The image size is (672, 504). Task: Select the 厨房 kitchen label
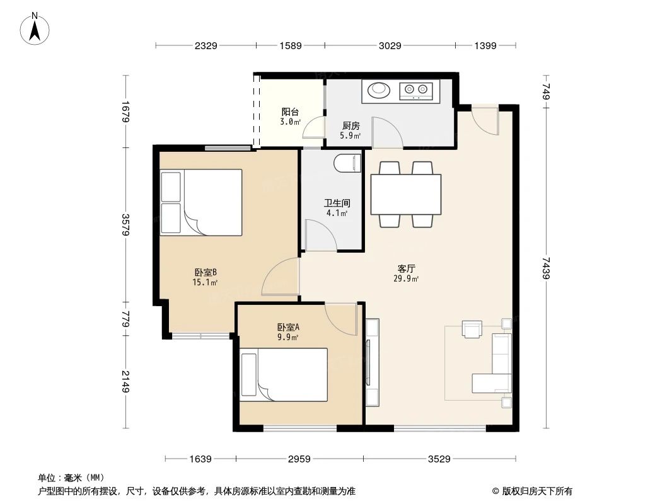(x=350, y=125)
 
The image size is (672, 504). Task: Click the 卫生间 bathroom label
(x=337, y=203)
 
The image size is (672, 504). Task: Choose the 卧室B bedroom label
(x=206, y=272)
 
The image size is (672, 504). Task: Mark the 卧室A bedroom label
(x=288, y=327)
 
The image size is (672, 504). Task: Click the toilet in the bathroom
(x=347, y=163)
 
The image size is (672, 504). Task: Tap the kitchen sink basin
(x=378, y=90)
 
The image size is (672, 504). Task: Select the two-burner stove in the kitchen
(x=416, y=91)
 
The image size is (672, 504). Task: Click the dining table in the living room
(x=405, y=194)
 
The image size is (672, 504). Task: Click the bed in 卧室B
(x=202, y=202)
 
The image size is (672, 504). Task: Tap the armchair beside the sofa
(x=472, y=329)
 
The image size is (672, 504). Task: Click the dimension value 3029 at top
(x=391, y=45)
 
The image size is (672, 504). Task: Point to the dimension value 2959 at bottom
(x=299, y=459)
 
